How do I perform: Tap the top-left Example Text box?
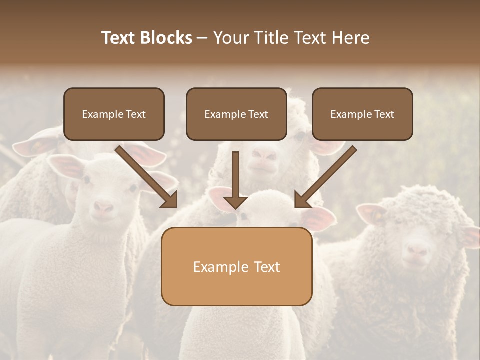coord(114,114)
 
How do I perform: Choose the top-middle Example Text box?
coord(236,114)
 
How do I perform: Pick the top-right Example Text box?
coord(362,114)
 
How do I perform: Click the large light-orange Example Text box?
coord(236,266)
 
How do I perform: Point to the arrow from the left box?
coord(147,177)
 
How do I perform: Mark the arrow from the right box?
coord(325,177)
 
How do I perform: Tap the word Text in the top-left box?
coord(135,114)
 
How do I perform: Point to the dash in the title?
coord(202,38)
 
